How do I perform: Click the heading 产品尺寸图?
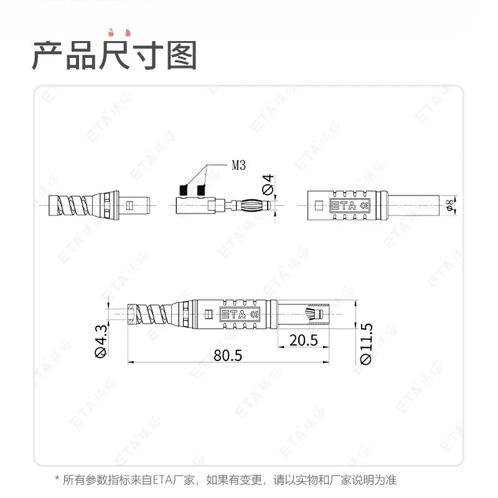(x=115, y=56)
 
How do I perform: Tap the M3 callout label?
(x=239, y=165)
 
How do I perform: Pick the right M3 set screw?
(x=201, y=189)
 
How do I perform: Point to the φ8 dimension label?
(x=449, y=205)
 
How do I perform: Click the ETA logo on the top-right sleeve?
(x=344, y=205)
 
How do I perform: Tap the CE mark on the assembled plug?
(x=253, y=315)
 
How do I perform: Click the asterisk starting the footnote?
(x=58, y=480)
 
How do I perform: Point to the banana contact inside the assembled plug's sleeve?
(x=314, y=314)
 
